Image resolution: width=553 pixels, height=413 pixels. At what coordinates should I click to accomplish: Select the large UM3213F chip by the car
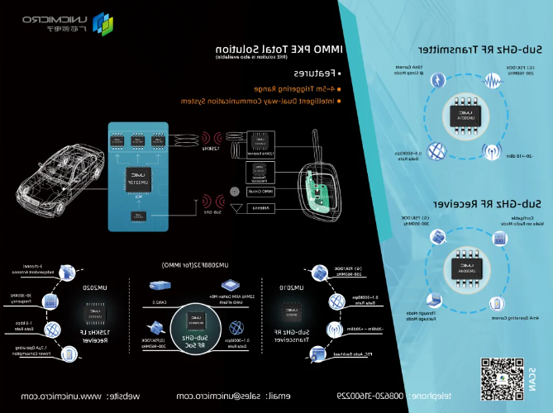[137, 175]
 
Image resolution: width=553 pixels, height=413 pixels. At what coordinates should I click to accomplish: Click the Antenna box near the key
[265, 209]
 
